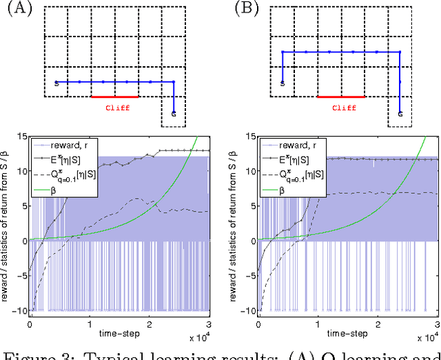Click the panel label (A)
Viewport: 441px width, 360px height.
coord(14,9)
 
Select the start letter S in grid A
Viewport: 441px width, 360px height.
coord(56,84)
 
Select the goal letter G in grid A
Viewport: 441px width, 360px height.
coord(174,114)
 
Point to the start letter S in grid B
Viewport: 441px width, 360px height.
coord(283,84)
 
